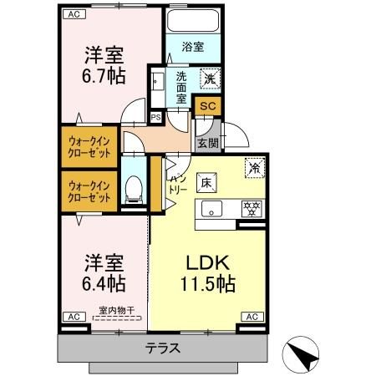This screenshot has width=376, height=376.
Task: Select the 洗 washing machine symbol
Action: tap(211, 79)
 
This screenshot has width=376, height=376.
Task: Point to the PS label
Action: tap(155, 117)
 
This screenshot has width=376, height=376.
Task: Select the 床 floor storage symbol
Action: tap(205, 181)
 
